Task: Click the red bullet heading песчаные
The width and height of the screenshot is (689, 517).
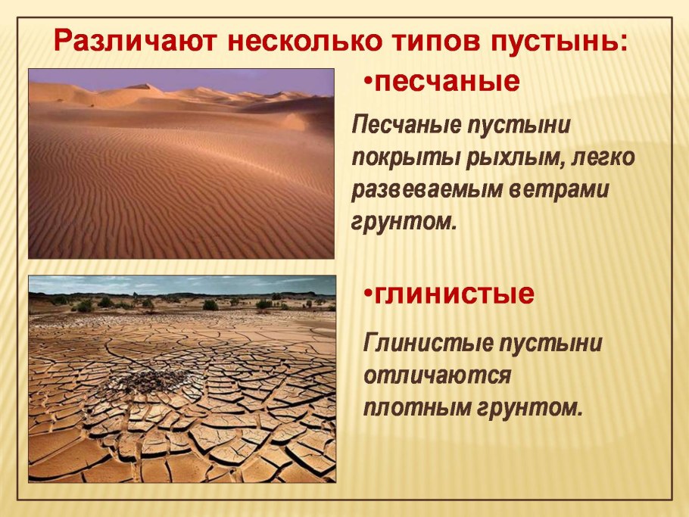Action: tap(447, 81)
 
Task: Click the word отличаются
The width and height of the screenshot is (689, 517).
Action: tap(438, 375)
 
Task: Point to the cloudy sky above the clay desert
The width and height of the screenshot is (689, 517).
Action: tap(182, 285)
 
